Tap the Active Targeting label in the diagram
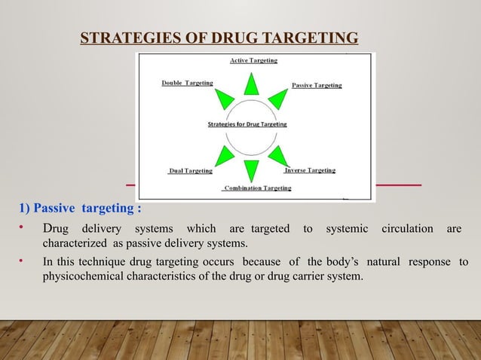pos(253,60)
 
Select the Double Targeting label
pos(187,83)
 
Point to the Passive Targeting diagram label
pos(317,85)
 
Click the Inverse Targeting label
pos(309,170)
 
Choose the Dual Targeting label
pos(191,171)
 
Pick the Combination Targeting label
pos(257,188)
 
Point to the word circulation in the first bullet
pos(408,229)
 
